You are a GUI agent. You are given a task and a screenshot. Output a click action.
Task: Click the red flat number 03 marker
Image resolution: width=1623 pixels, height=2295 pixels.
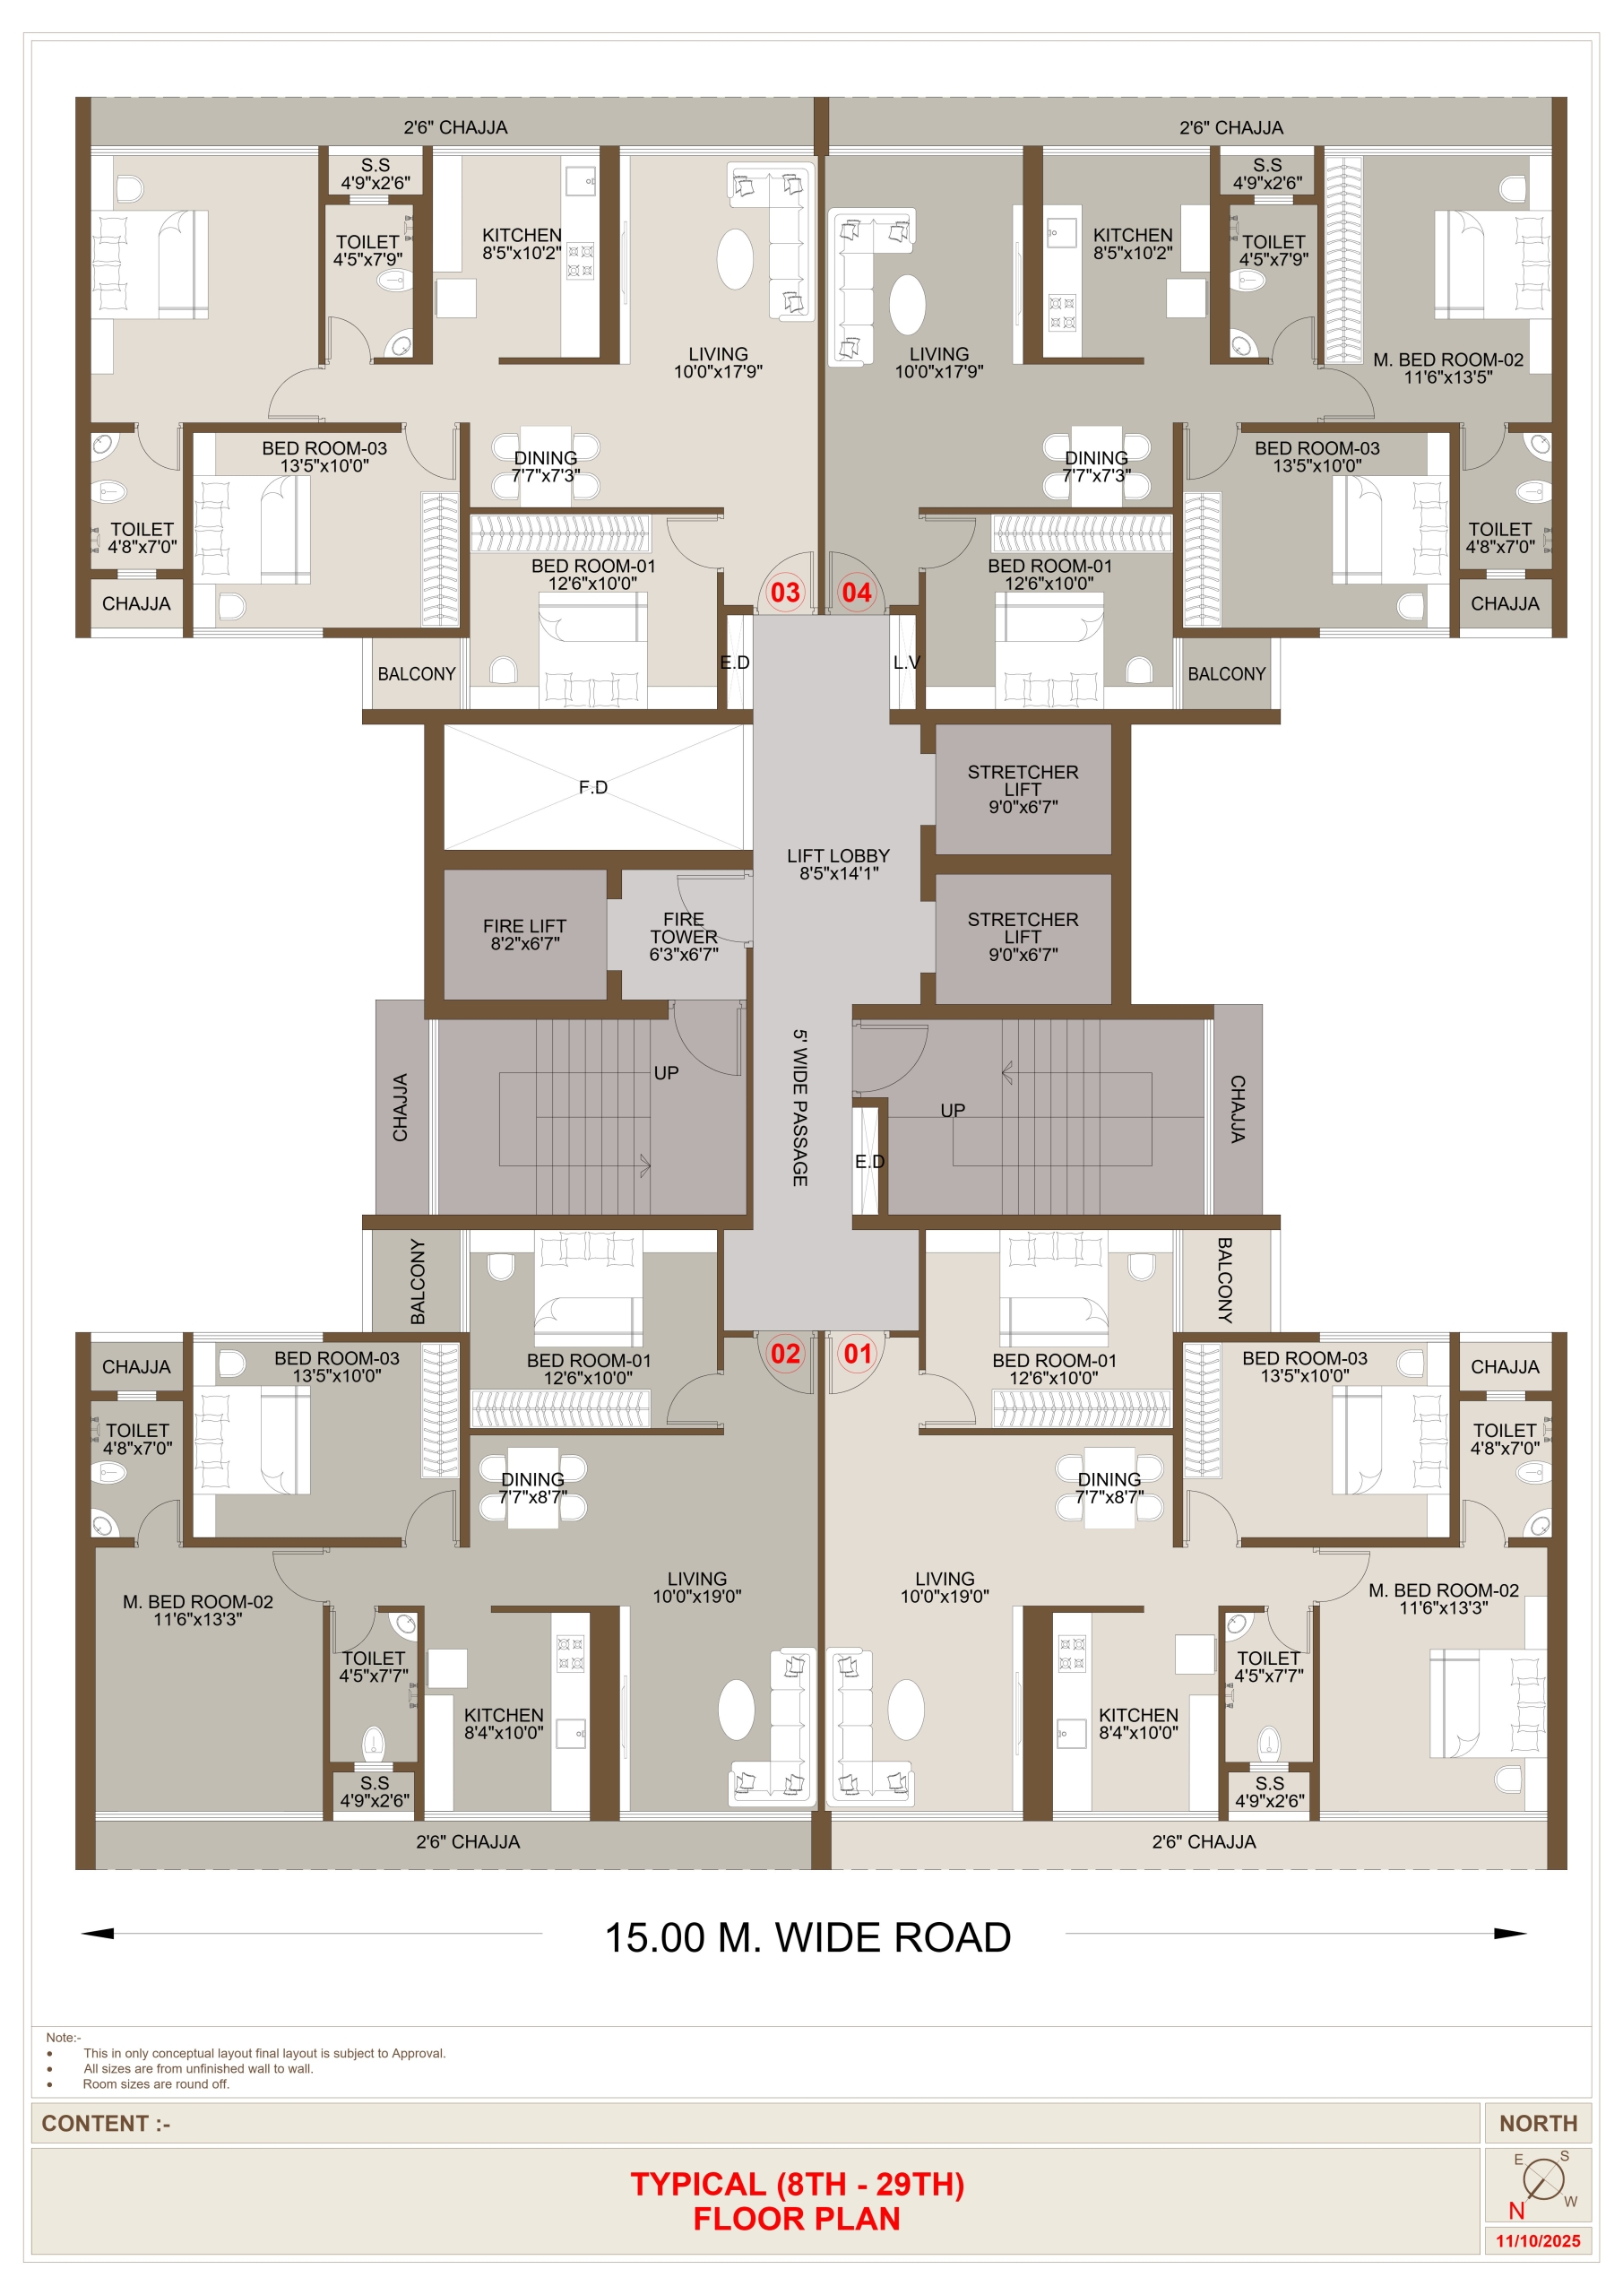[x=786, y=593]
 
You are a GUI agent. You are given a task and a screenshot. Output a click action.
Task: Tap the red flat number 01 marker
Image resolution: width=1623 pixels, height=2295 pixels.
[x=858, y=1354]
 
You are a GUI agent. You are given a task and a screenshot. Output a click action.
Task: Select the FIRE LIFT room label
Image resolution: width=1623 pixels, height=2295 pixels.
[x=524, y=935]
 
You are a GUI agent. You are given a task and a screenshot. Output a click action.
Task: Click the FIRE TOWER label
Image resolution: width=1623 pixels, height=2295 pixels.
[x=684, y=937]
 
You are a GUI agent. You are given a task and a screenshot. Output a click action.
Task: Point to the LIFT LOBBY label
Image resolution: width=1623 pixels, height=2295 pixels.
[x=839, y=864]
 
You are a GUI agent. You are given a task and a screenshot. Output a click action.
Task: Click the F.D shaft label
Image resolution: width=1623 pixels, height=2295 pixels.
[x=592, y=788]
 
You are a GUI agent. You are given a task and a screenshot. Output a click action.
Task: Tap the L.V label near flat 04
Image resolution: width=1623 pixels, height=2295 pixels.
[x=906, y=663]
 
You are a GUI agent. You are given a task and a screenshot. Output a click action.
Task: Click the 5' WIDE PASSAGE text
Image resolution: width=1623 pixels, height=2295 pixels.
[x=800, y=1107]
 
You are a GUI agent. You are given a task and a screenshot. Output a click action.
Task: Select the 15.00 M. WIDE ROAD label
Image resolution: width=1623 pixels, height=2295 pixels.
[x=807, y=1938]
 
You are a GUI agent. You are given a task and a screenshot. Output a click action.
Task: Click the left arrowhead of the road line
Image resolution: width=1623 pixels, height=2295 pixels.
[x=97, y=1933]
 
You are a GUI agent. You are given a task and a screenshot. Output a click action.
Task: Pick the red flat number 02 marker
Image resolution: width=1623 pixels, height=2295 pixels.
[x=786, y=1354]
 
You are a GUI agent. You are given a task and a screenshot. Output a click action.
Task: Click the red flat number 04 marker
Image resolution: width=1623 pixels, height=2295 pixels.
[x=858, y=593]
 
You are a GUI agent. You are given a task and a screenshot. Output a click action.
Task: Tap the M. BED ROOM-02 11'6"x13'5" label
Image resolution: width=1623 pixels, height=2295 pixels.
[x=1448, y=368]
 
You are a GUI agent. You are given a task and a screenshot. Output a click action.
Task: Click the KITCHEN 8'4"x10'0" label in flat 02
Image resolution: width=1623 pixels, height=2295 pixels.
[x=504, y=1723]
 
